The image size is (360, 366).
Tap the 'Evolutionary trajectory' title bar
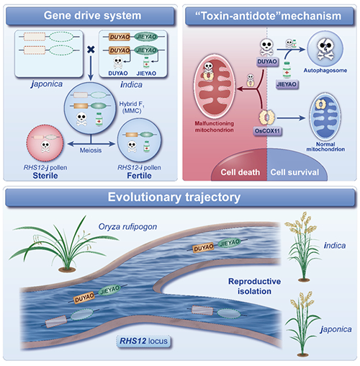pos(180,197)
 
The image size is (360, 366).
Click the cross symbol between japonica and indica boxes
pos(91,50)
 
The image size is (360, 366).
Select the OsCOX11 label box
pos(267,131)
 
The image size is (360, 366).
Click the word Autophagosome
pos(325,71)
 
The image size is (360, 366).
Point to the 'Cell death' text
pos(240,172)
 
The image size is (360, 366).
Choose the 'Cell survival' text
pos(294,172)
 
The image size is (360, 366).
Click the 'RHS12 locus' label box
pos(143,341)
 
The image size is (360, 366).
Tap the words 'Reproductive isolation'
pos(254,286)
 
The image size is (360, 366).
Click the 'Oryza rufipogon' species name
pos(127,227)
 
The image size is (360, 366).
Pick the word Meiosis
pos(91,151)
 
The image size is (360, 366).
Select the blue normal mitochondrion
pos(325,117)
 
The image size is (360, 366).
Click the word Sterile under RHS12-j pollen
pos(45,176)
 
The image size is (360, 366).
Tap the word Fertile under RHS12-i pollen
pos(139,176)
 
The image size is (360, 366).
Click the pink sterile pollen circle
pos(45,143)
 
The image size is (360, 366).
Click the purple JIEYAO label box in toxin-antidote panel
pos(287,84)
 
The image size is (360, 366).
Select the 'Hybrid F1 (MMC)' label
pos(132,107)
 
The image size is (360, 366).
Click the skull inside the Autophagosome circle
pos(325,49)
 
